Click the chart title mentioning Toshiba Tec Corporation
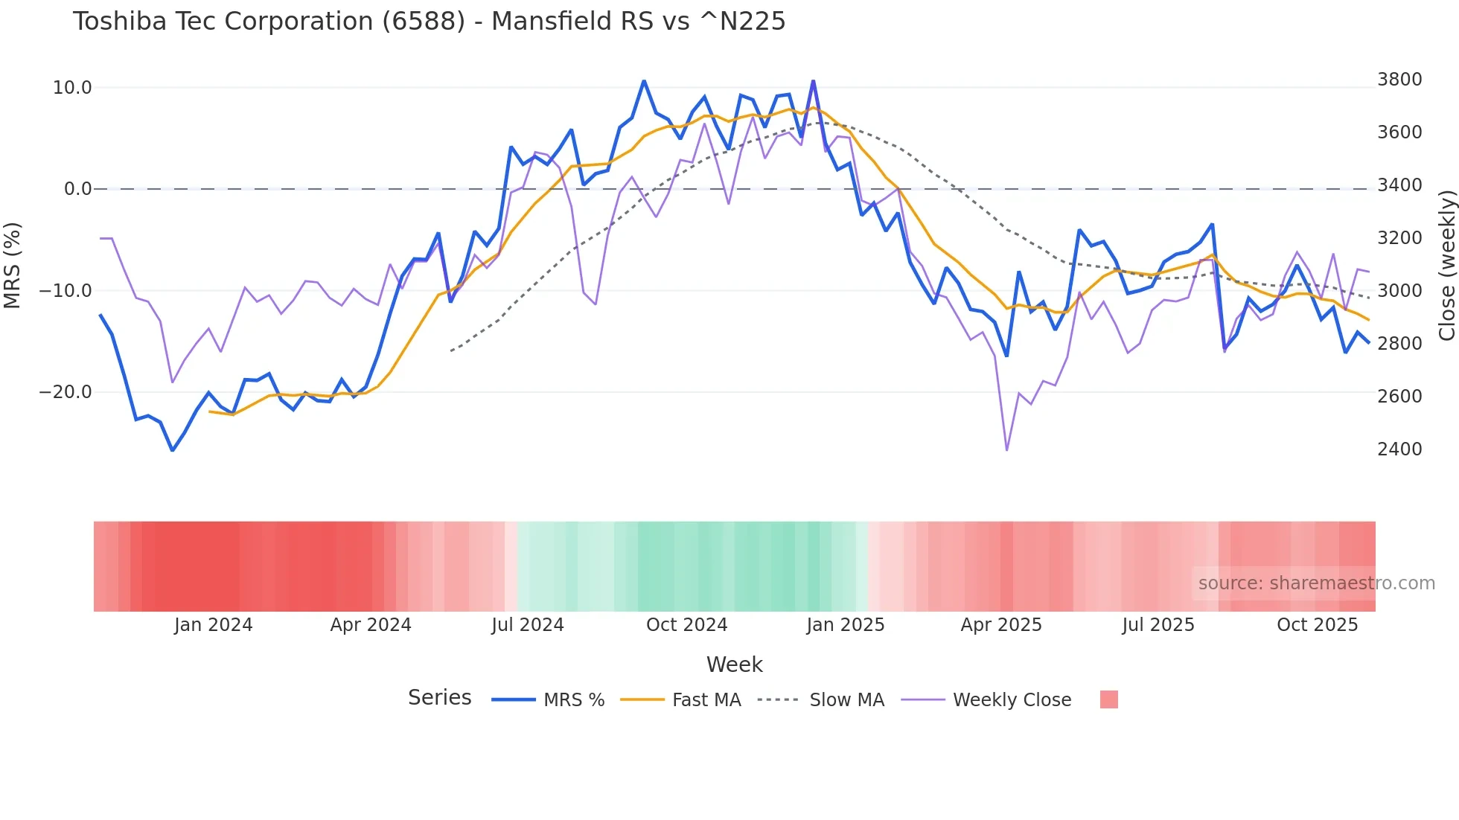429,22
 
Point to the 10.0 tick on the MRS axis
72,88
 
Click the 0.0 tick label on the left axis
77,189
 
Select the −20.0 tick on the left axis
66,392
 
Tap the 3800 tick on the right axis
1399,80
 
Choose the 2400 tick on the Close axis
1399,449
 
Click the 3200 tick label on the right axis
1399,238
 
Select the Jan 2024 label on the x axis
214,625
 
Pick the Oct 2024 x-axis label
686,625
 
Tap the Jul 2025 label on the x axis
1158,625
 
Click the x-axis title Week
734,664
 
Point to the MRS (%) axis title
13,265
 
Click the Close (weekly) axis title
1446,265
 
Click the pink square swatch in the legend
1108,699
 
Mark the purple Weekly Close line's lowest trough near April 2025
1007,449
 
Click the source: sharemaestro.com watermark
1316,583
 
